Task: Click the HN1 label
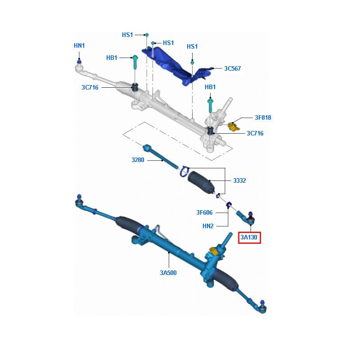click(79, 46)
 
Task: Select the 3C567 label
click(233, 69)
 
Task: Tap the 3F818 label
click(263, 118)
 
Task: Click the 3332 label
click(239, 180)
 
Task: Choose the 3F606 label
click(204, 212)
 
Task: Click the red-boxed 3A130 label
click(250, 237)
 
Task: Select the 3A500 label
click(168, 272)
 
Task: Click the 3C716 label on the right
click(255, 133)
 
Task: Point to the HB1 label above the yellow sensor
click(210, 87)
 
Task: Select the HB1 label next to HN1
click(112, 58)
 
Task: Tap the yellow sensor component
click(233, 126)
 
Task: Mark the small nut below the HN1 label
click(79, 60)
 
